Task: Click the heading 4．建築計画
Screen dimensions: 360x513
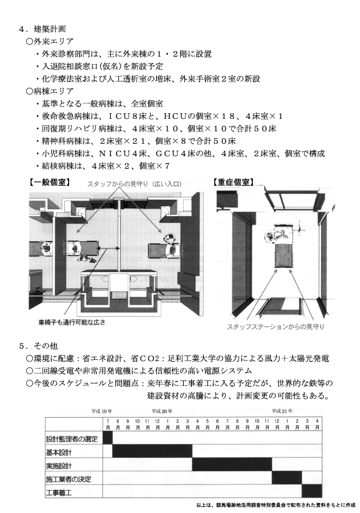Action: click(x=42, y=29)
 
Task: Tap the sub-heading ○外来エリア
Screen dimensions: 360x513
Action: click(x=50, y=42)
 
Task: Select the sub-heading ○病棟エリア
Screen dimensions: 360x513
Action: click(x=50, y=92)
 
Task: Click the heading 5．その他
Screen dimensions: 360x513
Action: click(x=38, y=346)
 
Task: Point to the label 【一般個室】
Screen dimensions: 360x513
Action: click(x=49, y=182)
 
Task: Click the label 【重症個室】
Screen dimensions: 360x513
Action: click(x=234, y=182)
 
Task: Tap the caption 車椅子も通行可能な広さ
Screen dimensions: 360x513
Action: click(x=72, y=322)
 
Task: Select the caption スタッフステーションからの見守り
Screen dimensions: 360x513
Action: click(x=275, y=326)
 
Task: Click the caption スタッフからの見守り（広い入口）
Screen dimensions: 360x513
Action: click(x=134, y=184)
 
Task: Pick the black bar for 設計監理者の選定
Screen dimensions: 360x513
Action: click(x=108, y=438)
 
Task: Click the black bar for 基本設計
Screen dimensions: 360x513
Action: click(x=152, y=451)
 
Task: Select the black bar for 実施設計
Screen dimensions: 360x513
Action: click(x=232, y=465)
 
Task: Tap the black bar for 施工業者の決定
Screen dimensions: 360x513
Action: click(x=287, y=478)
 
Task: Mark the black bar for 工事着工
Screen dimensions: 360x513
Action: click(x=312, y=491)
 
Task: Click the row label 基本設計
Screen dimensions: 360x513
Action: click(x=59, y=453)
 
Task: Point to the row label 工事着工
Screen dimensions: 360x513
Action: click(x=59, y=492)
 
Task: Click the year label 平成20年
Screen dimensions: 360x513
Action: click(x=162, y=412)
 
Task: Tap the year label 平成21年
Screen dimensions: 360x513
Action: click(x=282, y=412)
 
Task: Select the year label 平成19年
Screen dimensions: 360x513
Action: click(x=102, y=412)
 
